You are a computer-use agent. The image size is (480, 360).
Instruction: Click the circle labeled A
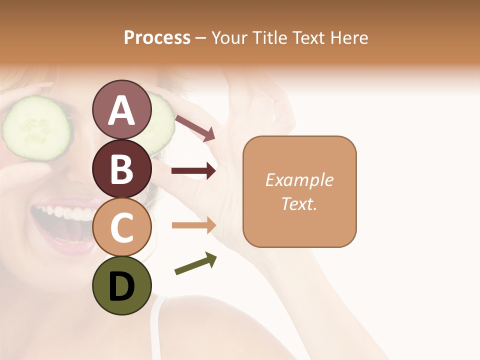pyautogui.click(x=121, y=110)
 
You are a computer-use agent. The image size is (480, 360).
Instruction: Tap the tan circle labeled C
pyautogui.click(x=121, y=227)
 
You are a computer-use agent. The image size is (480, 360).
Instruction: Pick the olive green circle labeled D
pyautogui.click(x=121, y=285)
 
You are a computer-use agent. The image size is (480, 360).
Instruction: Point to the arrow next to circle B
pyautogui.click(x=193, y=171)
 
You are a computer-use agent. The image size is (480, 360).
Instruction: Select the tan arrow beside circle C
pyautogui.click(x=193, y=225)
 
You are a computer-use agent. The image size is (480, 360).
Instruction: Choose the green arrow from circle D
pyautogui.click(x=195, y=263)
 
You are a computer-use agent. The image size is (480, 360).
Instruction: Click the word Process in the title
pyautogui.click(x=157, y=37)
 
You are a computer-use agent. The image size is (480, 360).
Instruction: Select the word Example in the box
pyautogui.click(x=299, y=180)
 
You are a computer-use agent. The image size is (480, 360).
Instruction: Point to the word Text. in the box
pyautogui.click(x=299, y=203)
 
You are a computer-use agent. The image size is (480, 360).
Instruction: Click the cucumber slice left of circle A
pyautogui.click(x=36, y=128)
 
